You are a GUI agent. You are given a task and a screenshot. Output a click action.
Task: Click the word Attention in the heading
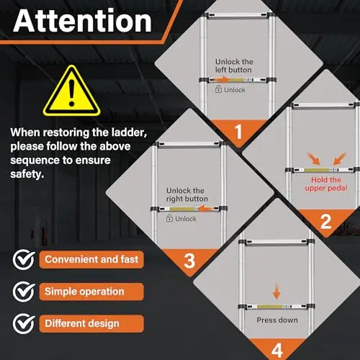(83, 21)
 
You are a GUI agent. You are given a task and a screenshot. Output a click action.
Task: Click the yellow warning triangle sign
(71, 91)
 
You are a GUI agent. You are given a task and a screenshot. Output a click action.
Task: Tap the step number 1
(238, 132)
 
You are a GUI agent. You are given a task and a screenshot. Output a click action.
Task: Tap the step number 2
(325, 222)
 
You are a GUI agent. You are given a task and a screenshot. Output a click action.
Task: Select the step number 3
(189, 261)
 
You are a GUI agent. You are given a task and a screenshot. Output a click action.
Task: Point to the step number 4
(277, 351)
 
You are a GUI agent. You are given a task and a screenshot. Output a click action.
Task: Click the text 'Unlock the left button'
(234, 66)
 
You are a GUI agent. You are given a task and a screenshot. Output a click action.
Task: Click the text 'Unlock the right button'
(187, 194)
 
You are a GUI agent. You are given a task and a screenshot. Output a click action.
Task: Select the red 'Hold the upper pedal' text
(326, 184)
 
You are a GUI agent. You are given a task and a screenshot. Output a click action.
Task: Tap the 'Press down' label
(277, 320)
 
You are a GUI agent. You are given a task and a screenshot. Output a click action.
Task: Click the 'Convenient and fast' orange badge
(91, 259)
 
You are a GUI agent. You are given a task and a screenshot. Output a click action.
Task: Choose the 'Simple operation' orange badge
(91, 292)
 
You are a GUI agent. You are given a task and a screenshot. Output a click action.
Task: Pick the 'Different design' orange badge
(91, 323)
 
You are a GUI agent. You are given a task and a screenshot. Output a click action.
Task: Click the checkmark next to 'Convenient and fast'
(24, 259)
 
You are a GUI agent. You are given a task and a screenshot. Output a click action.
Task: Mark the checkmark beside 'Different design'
(24, 323)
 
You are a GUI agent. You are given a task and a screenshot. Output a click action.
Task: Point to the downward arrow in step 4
(276, 291)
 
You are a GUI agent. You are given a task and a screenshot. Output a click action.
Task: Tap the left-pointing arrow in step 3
(204, 208)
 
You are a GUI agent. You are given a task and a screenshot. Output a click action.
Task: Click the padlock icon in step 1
(218, 89)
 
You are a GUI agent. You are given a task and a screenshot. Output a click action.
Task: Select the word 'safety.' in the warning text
(27, 174)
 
